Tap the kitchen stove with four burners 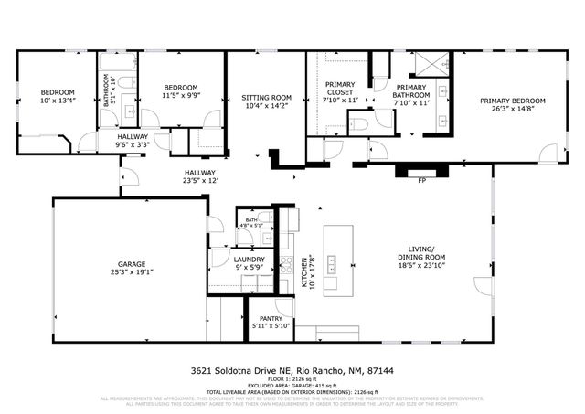coord(286,267)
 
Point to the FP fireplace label coord(421,181)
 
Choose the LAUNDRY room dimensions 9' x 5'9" coord(249,268)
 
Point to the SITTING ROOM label coord(266,97)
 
